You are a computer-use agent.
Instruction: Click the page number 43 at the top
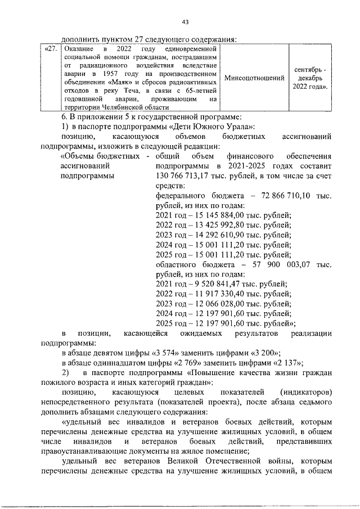186,22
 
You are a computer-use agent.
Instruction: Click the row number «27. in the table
51,49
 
